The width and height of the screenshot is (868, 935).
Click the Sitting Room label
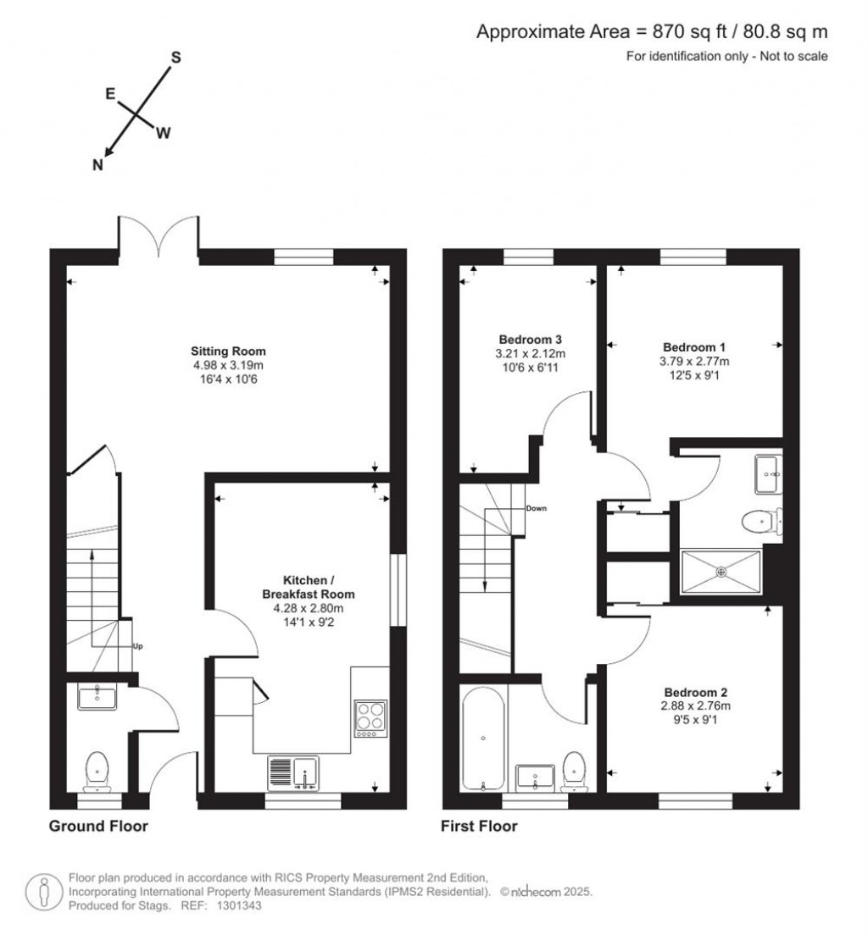point(228,351)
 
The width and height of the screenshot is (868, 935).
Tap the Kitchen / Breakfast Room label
point(309,587)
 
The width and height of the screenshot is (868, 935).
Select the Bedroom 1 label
point(694,347)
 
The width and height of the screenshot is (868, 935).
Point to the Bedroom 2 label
point(695,692)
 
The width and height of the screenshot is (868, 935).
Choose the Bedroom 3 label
point(530,340)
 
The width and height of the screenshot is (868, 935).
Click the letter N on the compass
point(97,165)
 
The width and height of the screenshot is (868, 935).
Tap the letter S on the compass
point(176,58)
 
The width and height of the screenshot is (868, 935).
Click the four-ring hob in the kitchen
point(370,718)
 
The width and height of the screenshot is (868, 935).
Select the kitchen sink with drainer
point(293,773)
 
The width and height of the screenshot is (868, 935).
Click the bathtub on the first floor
point(483,739)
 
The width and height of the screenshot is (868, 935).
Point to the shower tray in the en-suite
point(721,572)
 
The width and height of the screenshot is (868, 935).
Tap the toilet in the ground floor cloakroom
point(97,771)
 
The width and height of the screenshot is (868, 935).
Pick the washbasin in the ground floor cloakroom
point(97,696)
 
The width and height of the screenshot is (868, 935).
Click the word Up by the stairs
point(137,646)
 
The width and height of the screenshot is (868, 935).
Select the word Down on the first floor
point(536,509)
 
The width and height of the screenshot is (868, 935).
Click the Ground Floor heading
point(98,826)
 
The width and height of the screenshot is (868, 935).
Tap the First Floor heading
point(479,826)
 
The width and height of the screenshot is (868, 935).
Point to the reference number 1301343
point(238,905)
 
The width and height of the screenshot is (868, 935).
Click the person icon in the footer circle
point(43,893)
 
